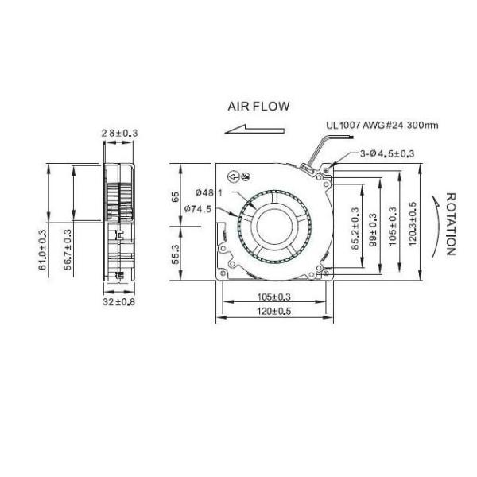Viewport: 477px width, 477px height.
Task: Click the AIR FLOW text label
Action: click(258, 107)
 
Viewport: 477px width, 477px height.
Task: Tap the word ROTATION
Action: click(450, 223)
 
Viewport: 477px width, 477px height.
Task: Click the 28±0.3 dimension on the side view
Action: click(119, 133)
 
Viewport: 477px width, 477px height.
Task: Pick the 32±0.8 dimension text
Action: click(119, 301)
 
